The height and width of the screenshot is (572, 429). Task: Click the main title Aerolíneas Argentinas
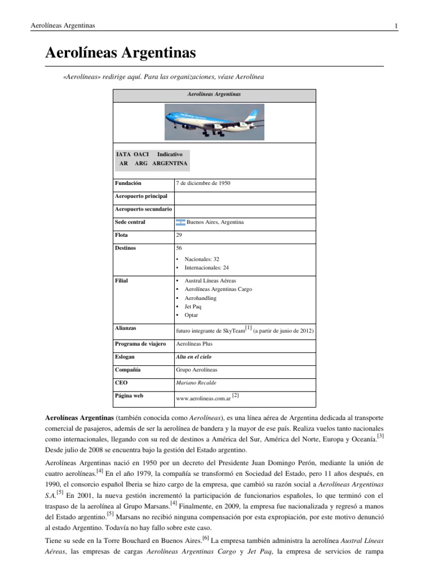coord(120,53)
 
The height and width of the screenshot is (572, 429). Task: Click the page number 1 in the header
coord(395,26)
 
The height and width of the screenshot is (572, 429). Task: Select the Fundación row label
coord(128,183)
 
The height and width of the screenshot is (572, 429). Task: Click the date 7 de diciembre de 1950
coord(203,183)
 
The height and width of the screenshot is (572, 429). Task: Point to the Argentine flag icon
coord(180,222)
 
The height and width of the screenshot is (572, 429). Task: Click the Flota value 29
coord(179,235)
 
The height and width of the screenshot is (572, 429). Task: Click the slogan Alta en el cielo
coord(193,356)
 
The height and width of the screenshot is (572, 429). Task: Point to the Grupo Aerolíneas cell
coord(197,370)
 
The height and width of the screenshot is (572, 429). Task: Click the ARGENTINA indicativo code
coord(170,164)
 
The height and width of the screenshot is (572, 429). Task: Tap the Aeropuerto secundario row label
coord(144,209)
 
